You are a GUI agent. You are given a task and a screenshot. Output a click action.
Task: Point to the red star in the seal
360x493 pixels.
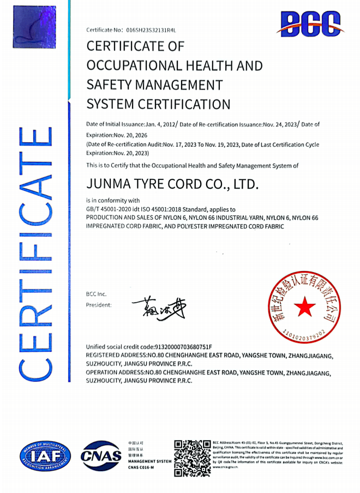coord(304,308)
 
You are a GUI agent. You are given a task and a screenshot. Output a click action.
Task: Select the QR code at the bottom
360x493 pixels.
coord(192,458)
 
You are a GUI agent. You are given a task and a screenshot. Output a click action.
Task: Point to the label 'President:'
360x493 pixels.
coord(99,305)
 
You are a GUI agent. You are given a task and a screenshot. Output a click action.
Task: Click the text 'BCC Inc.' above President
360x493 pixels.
coord(97,294)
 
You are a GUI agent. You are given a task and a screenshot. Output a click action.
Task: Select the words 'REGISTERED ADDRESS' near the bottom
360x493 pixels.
coord(115,355)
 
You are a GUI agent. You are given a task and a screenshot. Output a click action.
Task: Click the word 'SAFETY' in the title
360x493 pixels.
coord(107,85)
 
